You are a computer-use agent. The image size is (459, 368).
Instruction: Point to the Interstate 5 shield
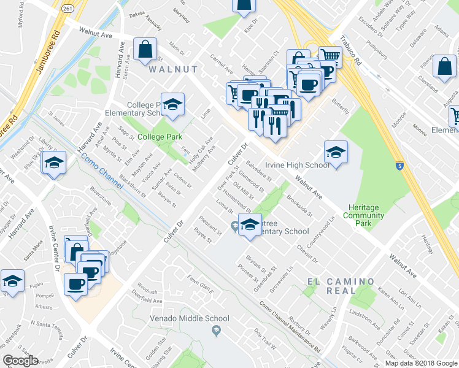[x=399, y=166]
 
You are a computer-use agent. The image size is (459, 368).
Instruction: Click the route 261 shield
[x=67, y=7]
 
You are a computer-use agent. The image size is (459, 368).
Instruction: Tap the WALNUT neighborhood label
[x=173, y=70]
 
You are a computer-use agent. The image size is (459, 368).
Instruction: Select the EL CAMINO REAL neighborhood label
[x=341, y=286]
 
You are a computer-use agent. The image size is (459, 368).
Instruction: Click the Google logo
[x=21, y=361]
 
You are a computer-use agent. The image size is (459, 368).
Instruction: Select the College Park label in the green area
[x=158, y=136]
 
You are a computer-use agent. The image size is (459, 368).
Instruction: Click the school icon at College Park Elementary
[x=172, y=105]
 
